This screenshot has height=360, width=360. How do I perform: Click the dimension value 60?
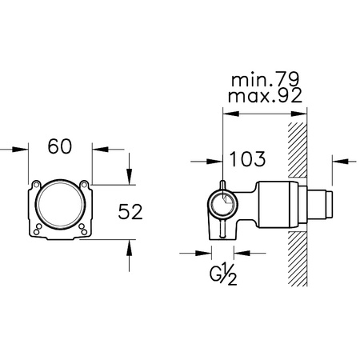click(60, 146)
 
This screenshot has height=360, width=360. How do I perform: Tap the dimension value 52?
click(130, 212)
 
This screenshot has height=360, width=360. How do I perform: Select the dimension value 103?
click(247, 159)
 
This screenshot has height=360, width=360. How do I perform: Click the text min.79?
click(266, 79)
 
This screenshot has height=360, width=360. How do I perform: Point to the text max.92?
click(265, 95)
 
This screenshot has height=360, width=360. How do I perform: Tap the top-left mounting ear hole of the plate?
click(37, 184)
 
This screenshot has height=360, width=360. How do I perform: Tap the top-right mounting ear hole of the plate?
click(84, 184)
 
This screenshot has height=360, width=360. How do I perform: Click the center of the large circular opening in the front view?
click(60, 204)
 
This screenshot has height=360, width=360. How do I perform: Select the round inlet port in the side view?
click(223, 205)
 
